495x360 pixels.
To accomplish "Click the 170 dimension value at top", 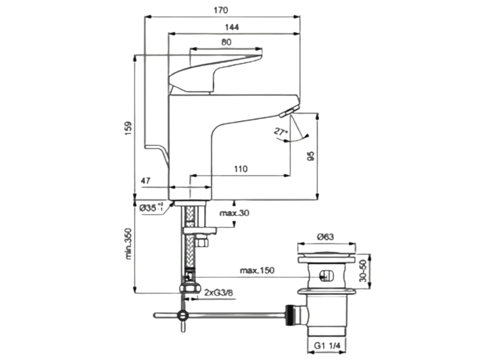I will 222,10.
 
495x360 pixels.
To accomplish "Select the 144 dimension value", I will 233,27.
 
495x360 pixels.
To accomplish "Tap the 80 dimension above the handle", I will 226,42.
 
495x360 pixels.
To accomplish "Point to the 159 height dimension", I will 128,128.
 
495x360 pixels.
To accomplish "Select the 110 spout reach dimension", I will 241,169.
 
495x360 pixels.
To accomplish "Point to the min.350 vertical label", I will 129,246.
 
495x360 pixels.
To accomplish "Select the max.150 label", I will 256,270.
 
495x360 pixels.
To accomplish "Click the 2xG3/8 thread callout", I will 219,293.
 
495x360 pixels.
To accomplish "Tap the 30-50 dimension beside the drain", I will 364,270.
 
